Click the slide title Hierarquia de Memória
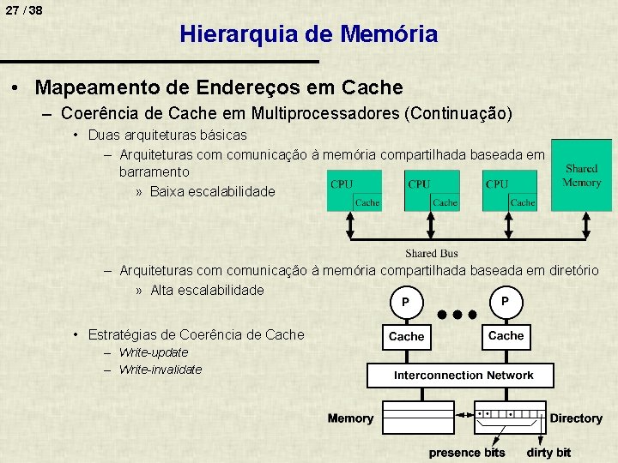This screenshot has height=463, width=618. (x=308, y=34)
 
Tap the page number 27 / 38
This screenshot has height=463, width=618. (x=23, y=10)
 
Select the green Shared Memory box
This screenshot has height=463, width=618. (x=581, y=175)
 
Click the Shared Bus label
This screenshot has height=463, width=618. (x=432, y=254)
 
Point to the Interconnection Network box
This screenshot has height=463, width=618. (x=463, y=376)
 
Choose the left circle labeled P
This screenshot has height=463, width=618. (x=405, y=302)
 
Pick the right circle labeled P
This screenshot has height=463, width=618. (x=505, y=302)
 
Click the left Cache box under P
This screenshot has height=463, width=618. (x=406, y=336)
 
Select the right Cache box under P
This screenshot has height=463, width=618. (x=506, y=336)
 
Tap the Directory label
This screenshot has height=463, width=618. (x=576, y=418)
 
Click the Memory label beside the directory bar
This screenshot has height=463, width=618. (x=350, y=418)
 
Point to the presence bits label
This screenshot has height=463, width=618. (x=467, y=452)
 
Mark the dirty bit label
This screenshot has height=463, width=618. (x=548, y=452)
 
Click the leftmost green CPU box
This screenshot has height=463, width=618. (x=354, y=190)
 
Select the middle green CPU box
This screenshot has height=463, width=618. (x=432, y=190)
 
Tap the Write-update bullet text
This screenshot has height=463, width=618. (x=154, y=352)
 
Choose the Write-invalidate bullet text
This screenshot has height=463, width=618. (x=161, y=370)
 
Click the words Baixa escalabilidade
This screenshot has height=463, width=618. (x=213, y=191)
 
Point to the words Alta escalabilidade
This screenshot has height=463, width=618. (x=207, y=290)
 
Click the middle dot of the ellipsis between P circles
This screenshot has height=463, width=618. (x=455, y=314)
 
